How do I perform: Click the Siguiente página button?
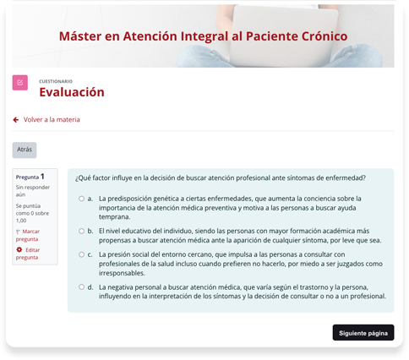pos(363,333)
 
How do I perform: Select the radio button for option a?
pos(81,199)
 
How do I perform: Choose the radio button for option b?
pos(81,231)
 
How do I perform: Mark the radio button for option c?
pos(81,254)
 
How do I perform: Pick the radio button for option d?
pos(81,287)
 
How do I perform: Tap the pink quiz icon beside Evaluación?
pos(20,83)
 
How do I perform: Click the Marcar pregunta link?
pos(28,235)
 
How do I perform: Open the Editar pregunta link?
pos(28,254)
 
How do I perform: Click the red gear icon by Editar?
pos(19,249)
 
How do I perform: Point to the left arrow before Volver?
pos(16,120)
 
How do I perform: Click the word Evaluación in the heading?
pos(72,92)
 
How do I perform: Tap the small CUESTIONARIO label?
pos(56,81)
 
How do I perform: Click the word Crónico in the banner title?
pos(324,36)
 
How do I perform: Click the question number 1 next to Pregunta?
pos(42,177)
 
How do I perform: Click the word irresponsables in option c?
pos(122,273)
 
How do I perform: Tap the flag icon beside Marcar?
pos(18,232)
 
